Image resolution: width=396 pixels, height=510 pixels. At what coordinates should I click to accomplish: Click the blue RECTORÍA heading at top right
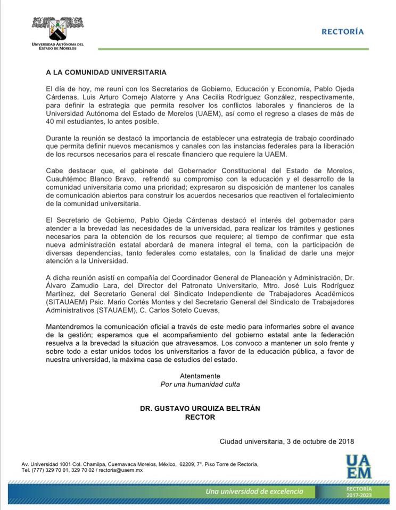[x=343, y=32]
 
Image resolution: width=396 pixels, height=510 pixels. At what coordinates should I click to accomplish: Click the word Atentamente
[x=200, y=376]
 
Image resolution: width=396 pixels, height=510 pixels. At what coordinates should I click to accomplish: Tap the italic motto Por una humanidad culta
[x=200, y=384]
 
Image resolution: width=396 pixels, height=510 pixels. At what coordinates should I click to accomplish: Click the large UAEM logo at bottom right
[x=358, y=466]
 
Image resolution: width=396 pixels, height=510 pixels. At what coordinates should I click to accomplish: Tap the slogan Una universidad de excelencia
[x=254, y=491]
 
